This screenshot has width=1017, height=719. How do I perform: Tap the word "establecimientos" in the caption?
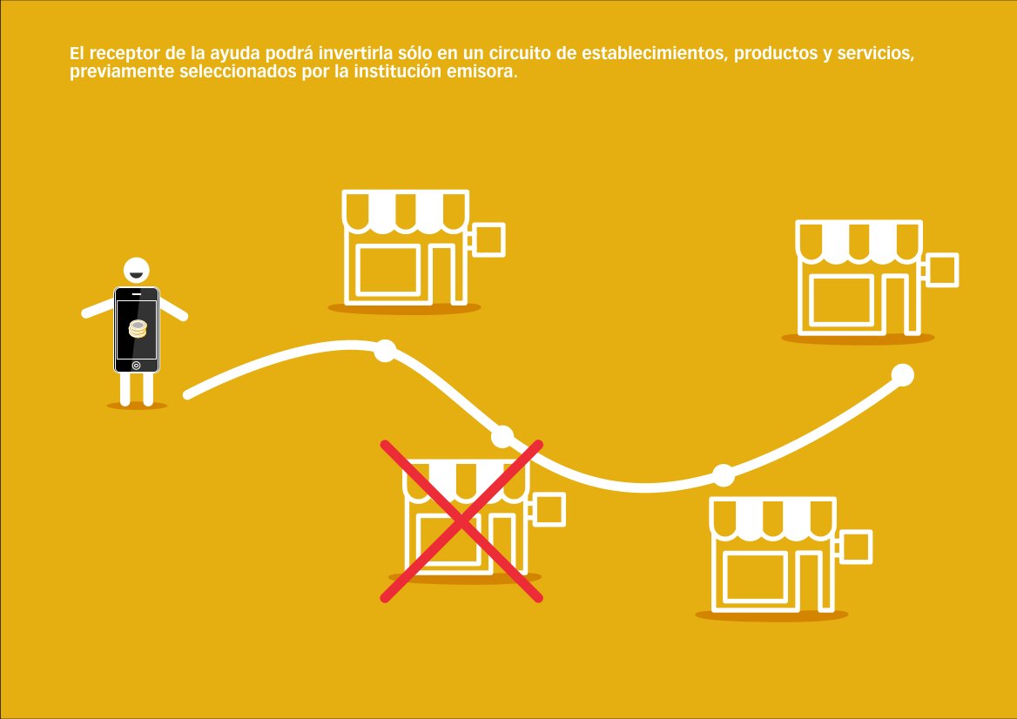[x=651, y=54]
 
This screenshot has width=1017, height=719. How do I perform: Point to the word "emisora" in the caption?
[x=485, y=71]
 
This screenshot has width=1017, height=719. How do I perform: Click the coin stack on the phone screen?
[x=137, y=328]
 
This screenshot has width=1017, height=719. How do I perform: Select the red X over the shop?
[x=461, y=521]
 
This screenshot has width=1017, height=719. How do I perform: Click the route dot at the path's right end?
[x=903, y=375]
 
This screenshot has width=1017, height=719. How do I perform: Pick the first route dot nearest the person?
[x=385, y=351]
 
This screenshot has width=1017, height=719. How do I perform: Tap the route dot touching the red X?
[x=502, y=436]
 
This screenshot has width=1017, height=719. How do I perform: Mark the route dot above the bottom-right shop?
[x=724, y=474]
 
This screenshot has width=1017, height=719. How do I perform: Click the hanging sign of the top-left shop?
[x=487, y=239]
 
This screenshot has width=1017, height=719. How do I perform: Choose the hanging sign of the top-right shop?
[x=940, y=270]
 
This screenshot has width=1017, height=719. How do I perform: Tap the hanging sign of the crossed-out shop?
[x=549, y=509]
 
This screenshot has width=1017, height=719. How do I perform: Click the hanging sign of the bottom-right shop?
[x=854, y=546]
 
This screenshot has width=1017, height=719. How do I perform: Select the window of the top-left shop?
[x=388, y=269]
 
